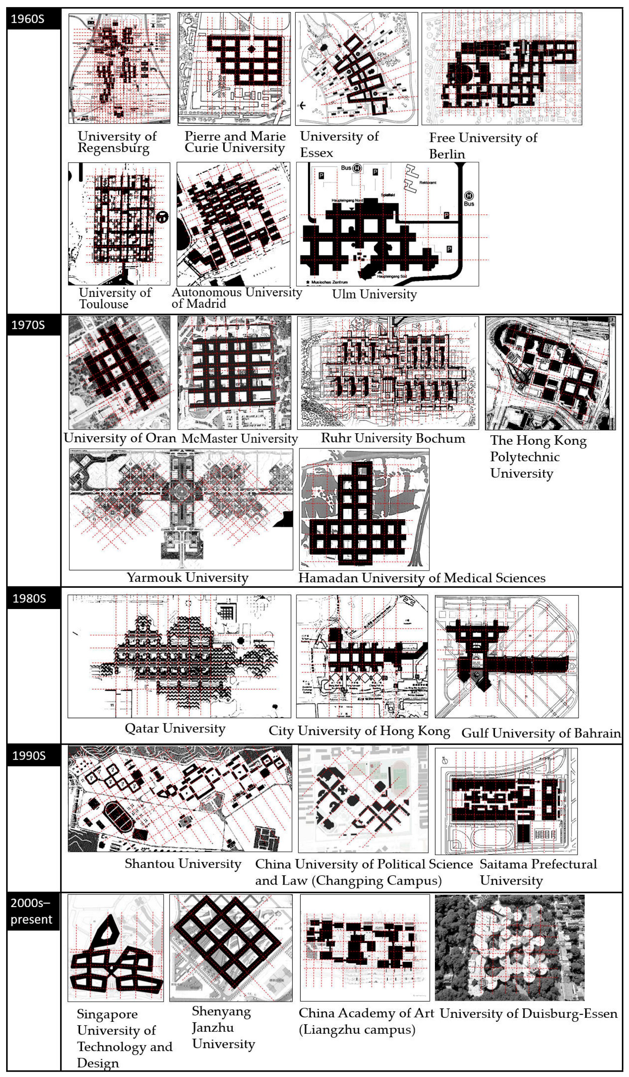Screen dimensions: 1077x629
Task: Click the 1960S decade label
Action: click(28, 19)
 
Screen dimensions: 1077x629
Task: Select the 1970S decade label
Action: click(28, 325)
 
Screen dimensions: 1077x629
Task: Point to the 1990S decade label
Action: click(29, 756)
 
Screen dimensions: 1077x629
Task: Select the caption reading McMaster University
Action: click(239, 439)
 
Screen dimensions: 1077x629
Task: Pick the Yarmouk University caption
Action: click(187, 578)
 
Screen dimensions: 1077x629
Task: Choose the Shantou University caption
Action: click(183, 864)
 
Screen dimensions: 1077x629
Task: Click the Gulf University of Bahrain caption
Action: click(541, 733)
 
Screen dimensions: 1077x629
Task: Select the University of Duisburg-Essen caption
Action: click(528, 1013)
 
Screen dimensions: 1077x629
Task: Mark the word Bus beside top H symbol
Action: click(346, 168)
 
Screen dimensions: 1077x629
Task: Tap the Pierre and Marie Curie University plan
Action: click(234, 68)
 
